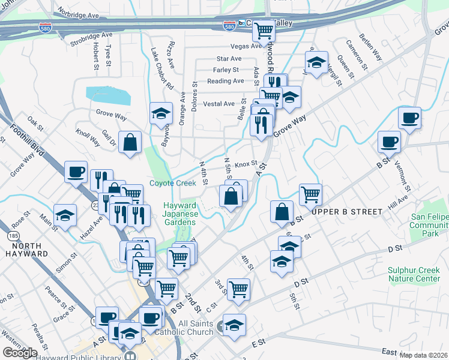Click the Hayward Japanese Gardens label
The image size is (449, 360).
coord(179,211)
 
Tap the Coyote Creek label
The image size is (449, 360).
coord(172,184)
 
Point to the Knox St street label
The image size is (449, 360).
coord(246,163)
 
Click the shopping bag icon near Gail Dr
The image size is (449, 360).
coord(130,143)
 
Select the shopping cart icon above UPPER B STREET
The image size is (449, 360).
coord(310,194)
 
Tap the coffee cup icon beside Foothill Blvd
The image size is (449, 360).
coord(76,172)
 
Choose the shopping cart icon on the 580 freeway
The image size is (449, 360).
coord(263,31)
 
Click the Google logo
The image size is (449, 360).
coord(20,352)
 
